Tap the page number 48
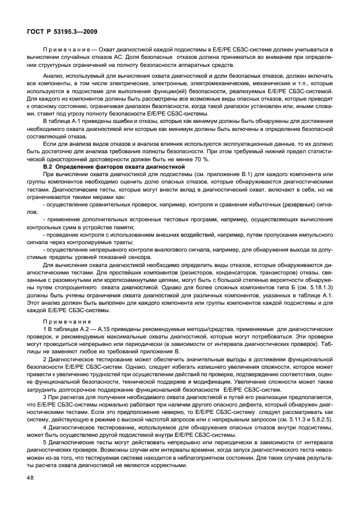click(31, 493)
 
